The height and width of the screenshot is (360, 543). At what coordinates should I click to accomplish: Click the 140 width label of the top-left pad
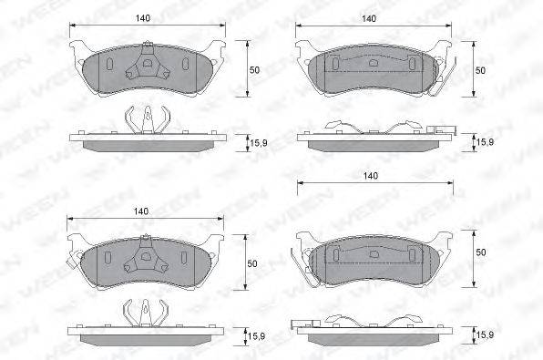143,18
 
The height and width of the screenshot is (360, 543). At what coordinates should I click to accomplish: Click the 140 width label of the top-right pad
368,18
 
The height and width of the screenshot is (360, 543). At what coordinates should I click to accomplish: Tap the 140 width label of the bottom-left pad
141,211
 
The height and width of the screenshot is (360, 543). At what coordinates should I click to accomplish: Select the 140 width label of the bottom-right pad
371,176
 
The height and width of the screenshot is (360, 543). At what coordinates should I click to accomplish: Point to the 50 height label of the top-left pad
254,70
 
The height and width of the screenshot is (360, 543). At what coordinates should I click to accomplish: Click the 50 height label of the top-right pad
480,70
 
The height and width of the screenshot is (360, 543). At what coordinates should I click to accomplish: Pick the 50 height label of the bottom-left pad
252,263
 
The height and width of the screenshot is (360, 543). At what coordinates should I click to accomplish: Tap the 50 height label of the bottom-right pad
481,252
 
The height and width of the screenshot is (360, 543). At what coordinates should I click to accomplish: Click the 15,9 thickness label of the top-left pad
259,143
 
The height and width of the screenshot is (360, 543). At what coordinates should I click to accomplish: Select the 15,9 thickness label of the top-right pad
486,141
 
